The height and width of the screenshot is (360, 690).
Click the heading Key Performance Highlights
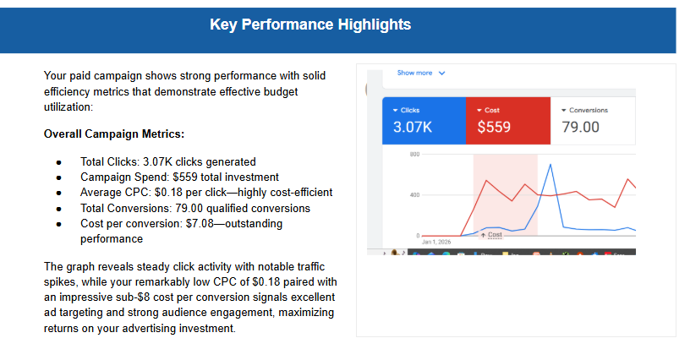[309, 25]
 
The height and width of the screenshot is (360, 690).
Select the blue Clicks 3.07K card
[423, 121]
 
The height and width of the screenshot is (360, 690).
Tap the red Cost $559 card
[508, 121]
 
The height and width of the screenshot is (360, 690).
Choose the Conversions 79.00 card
[592, 121]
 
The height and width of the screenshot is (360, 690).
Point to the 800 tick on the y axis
[414, 155]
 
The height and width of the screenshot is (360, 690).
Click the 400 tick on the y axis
[414, 195]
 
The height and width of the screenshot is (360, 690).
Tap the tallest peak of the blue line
[551, 165]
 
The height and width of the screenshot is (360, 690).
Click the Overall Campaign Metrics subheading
[113, 134]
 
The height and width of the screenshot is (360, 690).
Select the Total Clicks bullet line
[167, 161]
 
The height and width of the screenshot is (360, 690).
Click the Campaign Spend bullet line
[179, 177]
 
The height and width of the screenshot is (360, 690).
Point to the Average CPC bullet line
[205, 193]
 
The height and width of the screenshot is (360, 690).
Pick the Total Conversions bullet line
[194, 208]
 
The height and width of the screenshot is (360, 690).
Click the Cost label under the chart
[494, 234]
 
